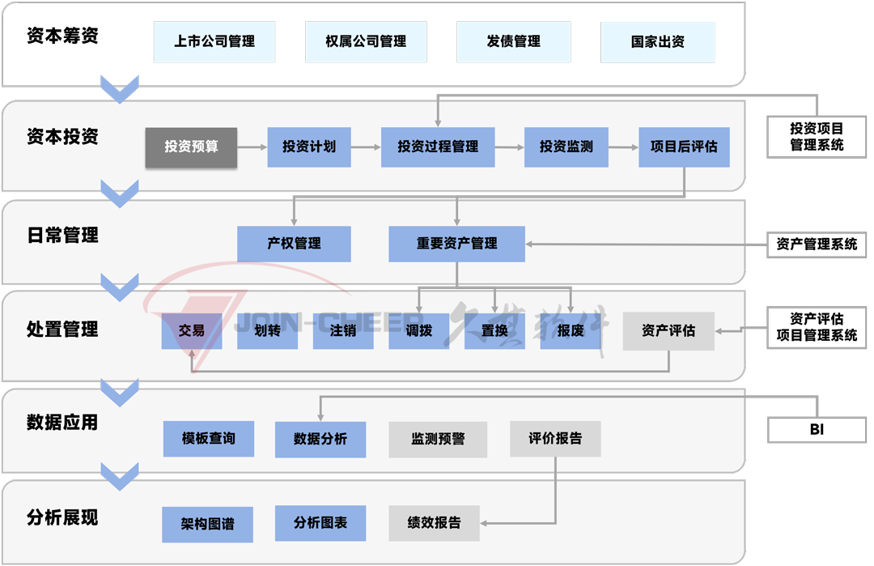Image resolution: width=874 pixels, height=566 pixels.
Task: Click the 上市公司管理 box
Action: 214,42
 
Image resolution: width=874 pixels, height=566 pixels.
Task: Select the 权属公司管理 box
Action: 366,42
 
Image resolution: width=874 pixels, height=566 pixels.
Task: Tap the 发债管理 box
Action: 513,42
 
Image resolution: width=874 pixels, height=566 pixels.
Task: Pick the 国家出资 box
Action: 657,42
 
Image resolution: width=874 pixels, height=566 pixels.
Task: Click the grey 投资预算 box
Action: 191,147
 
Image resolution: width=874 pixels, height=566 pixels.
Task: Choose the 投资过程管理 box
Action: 438,147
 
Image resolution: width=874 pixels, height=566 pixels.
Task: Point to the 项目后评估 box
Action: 684,147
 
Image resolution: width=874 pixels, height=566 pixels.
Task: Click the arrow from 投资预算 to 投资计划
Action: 252,147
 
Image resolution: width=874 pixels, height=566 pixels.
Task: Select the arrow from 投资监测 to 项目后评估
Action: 623,147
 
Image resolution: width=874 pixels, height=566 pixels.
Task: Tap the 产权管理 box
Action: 294,244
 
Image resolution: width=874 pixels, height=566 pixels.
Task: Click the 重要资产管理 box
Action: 456,244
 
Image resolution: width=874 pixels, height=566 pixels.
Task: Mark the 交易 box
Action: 192,331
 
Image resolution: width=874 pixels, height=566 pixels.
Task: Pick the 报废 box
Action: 571,331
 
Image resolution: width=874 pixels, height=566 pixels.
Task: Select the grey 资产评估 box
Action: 668,331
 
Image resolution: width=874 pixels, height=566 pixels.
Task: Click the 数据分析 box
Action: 320,439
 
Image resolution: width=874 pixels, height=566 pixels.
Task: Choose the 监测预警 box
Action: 438,439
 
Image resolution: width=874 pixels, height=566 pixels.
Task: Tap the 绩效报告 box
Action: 434,523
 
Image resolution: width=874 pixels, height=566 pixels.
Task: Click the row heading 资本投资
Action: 62,137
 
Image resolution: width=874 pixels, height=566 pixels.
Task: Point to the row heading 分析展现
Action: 62,518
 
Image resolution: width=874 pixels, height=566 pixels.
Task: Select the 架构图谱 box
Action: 208,524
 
